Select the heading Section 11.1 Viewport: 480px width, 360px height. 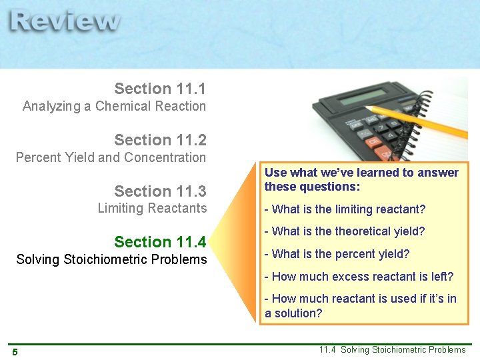point(160,89)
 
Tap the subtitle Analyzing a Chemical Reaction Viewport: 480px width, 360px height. point(114,106)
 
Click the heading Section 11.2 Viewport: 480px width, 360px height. point(160,140)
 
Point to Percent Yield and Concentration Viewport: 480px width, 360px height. point(111,157)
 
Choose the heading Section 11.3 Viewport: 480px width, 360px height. point(160,191)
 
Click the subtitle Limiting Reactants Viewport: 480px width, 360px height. point(152,208)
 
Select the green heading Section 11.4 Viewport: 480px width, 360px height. point(160,242)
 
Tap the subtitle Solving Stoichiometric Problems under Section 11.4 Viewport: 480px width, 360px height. point(111,259)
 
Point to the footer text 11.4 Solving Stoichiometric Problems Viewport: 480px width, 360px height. point(392,350)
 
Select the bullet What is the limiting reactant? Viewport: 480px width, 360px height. point(345,209)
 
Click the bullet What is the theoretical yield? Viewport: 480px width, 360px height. point(345,231)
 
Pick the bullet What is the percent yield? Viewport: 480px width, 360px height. point(337,254)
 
